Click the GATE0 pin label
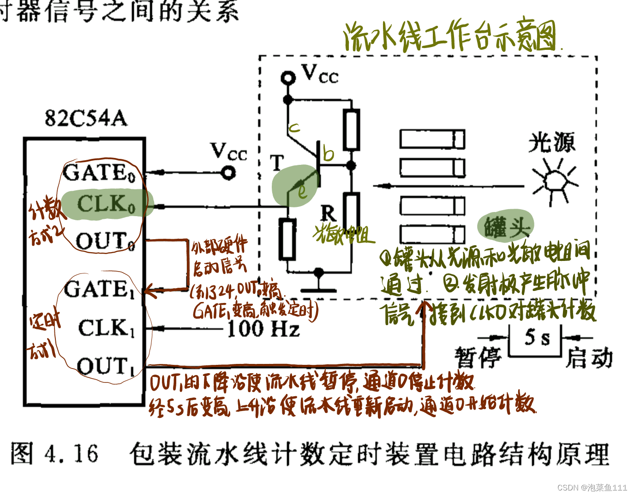pyautogui.click(x=99, y=173)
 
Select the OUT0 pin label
pyautogui.click(x=105, y=241)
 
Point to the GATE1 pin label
pyautogui.click(x=99, y=290)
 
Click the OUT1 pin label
pyautogui.click(x=106, y=366)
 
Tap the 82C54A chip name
pyautogui.click(x=86, y=118)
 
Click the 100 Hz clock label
pyautogui.click(x=263, y=329)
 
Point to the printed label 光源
pyautogui.click(x=552, y=142)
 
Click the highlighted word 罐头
pyautogui.click(x=506, y=226)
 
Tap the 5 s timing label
pyautogui.click(x=537, y=338)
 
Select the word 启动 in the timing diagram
pyautogui.click(x=589, y=358)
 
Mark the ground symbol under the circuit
pyautogui.click(x=318, y=282)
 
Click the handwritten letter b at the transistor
pyautogui.click(x=328, y=153)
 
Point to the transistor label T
pyautogui.click(x=276, y=163)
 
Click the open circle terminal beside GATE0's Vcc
pyautogui.click(x=228, y=173)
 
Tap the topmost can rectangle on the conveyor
pyautogui.click(x=432, y=139)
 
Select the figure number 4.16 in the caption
pyautogui.click(x=71, y=454)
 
